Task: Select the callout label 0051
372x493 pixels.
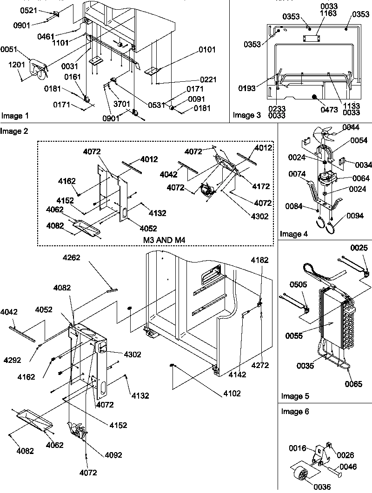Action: point(9,48)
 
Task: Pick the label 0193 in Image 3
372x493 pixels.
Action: point(247,88)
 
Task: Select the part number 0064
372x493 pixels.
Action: point(349,178)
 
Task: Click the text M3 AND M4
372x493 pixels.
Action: point(164,239)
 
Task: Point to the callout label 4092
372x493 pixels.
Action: point(113,455)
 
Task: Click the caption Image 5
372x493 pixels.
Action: point(294,396)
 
